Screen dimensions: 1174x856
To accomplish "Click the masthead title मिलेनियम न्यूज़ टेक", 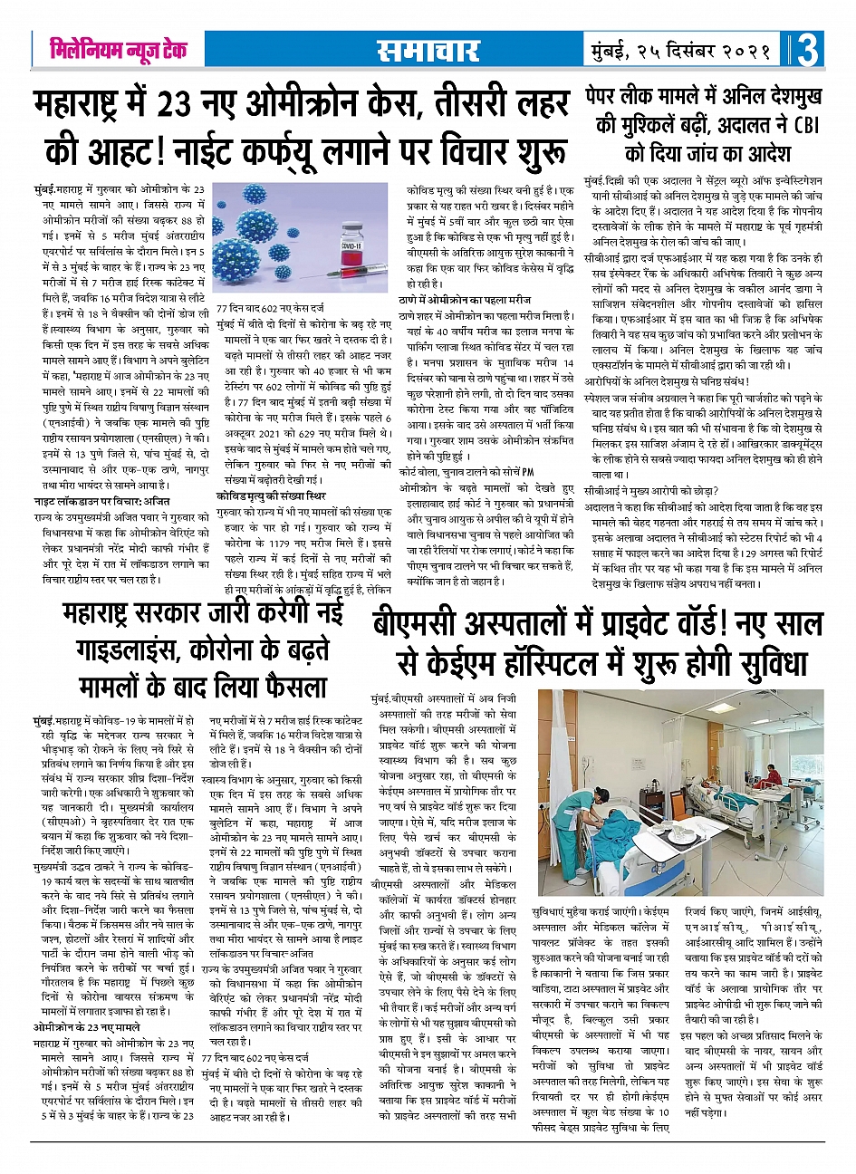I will pyautogui.click(x=119, y=50).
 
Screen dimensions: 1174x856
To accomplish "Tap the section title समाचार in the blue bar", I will pyautogui.click(x=428, y=50).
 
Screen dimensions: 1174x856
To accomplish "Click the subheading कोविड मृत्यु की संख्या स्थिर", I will pyautogui.click(x=271, y=496).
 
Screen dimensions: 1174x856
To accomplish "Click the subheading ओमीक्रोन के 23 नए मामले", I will pyautogui.click(x=87, y=1026).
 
